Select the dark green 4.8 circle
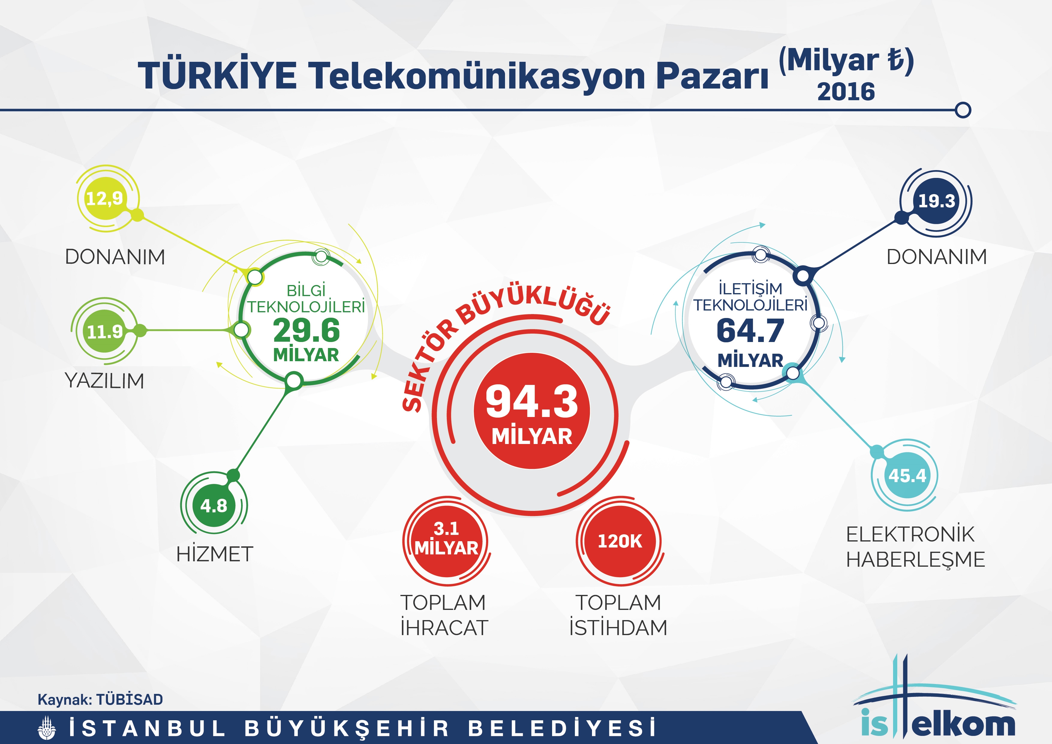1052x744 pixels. (x=214, y=505)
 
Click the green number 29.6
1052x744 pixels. (x=306, y=331)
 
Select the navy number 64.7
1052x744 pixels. (x=750, y=331)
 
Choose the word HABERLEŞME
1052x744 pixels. (x=916, y=560)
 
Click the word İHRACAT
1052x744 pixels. (x=444, y=628)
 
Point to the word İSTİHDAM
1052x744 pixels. (x=618, y=628)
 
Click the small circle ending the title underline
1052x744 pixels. (x=964, y=110)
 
